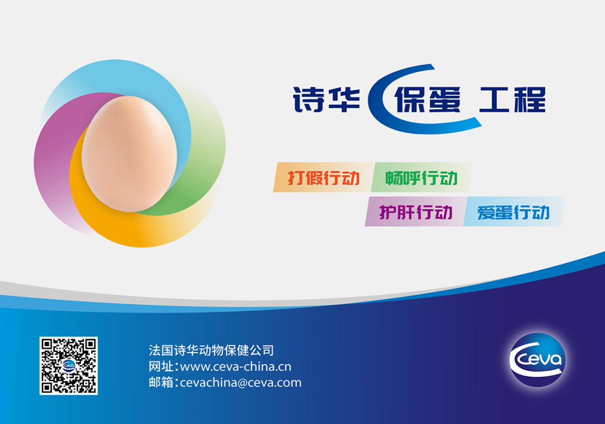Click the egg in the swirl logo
(129, 154)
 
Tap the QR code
(69, 366)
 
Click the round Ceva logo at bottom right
(537, 360)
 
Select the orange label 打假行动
(323, 178)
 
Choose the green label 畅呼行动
(421, 178)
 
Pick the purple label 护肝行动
(415, 212)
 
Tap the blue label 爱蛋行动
(513, 212)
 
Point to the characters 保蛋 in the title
(427, 100)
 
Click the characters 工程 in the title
(513, 100)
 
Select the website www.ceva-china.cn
(236, 366)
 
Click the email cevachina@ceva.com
(241, 382)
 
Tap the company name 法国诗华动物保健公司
(211, 350)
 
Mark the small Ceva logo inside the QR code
(69, 365)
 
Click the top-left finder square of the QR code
(47, 344)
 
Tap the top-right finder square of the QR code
(90, 344)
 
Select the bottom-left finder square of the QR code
(47, 388)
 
